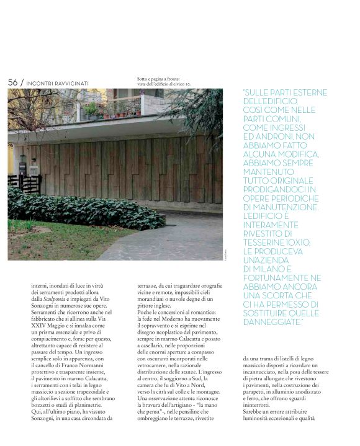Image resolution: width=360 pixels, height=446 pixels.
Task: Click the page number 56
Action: click(13, 82)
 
